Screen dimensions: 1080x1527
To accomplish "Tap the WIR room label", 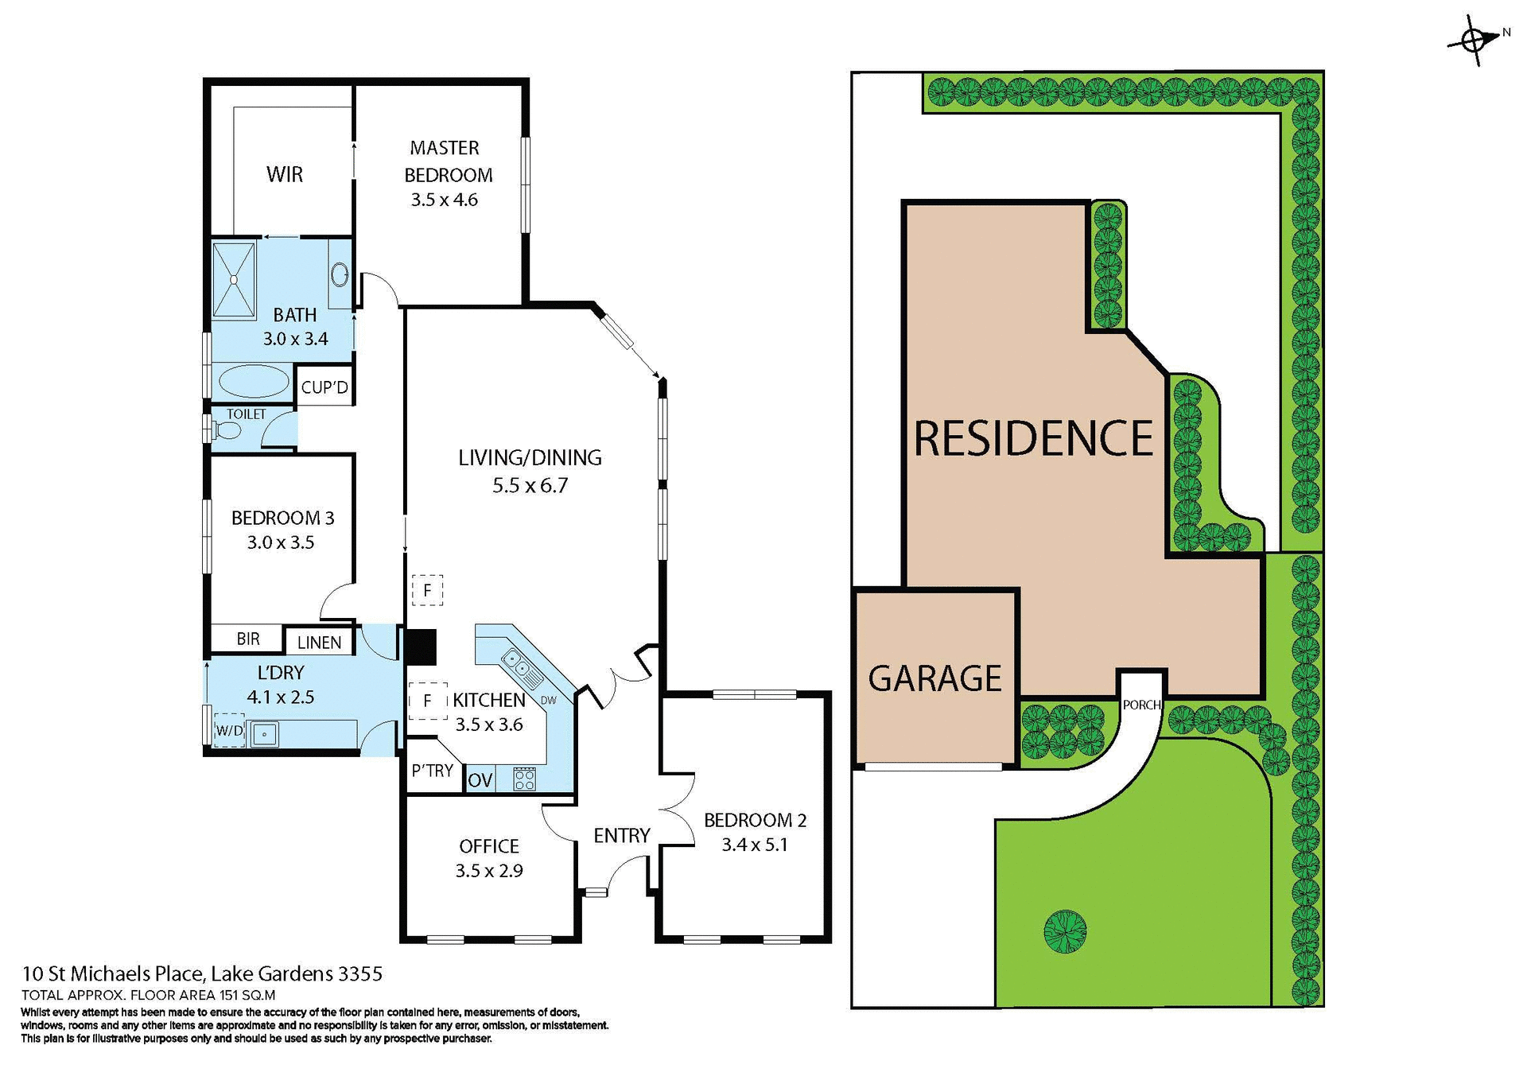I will coord(285,174).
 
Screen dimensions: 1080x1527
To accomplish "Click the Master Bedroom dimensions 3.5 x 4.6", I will coord(444,200).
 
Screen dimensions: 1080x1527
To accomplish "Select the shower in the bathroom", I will coord(234,279).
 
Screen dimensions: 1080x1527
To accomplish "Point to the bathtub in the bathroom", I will coord(254,382).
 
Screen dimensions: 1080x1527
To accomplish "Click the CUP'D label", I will coord(324,387).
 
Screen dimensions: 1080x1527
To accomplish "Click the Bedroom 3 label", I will coord(282,518).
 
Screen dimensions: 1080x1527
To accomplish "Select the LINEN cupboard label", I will coord(319,643).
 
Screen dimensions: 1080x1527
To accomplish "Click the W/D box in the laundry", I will coord(229,730).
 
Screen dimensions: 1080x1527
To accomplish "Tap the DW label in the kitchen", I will coord(548,700).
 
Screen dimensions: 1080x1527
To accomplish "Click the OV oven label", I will coord(480,780).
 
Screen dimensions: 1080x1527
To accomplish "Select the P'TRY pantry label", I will coord(432,770).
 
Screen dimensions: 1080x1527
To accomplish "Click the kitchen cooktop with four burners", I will coord(524,779).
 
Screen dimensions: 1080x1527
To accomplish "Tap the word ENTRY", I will coord(621,835).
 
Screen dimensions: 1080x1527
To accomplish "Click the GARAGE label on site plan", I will coord(934,678).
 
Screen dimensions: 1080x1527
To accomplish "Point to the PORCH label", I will coord(1141,705).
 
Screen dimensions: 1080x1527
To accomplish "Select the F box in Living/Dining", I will coord(427,590).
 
